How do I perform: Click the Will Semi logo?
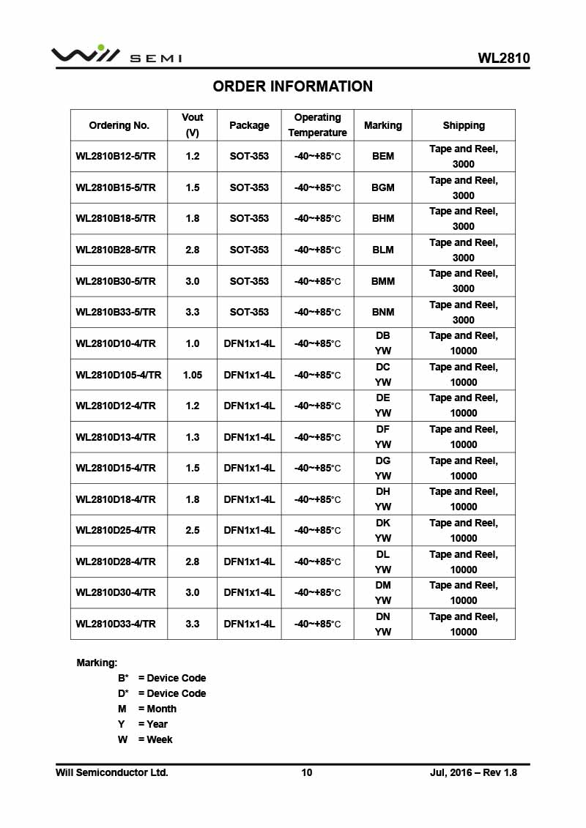(x=116, y=55)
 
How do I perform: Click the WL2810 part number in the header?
(x=503, y=58)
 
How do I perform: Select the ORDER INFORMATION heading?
(x=292, y=86)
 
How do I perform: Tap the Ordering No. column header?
(x=119, y=125)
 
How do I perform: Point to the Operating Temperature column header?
(x=317, y=125)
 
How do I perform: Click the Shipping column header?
(x=463, y=125)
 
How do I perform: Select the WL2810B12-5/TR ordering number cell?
(x=116, y=156)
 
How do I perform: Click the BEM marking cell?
(x=382, y=156)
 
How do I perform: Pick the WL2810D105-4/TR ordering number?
(x=119, y=375)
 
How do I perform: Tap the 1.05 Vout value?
(x=193, y=375)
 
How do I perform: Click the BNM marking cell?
(x=382, y=312)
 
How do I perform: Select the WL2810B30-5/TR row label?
(x=116, y=281)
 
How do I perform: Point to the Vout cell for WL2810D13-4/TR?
(x=193, y=437)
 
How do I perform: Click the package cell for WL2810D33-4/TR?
(x=249, y=624)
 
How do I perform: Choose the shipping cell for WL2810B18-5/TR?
(x=463, y=218)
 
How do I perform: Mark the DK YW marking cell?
(x=382, y=530)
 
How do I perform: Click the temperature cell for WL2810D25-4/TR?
(x=317, y=530)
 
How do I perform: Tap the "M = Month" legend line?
(x=147, y=709)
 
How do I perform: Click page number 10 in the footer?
(x=306, y=772)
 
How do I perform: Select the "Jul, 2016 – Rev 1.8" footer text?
(x=472, y=772)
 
